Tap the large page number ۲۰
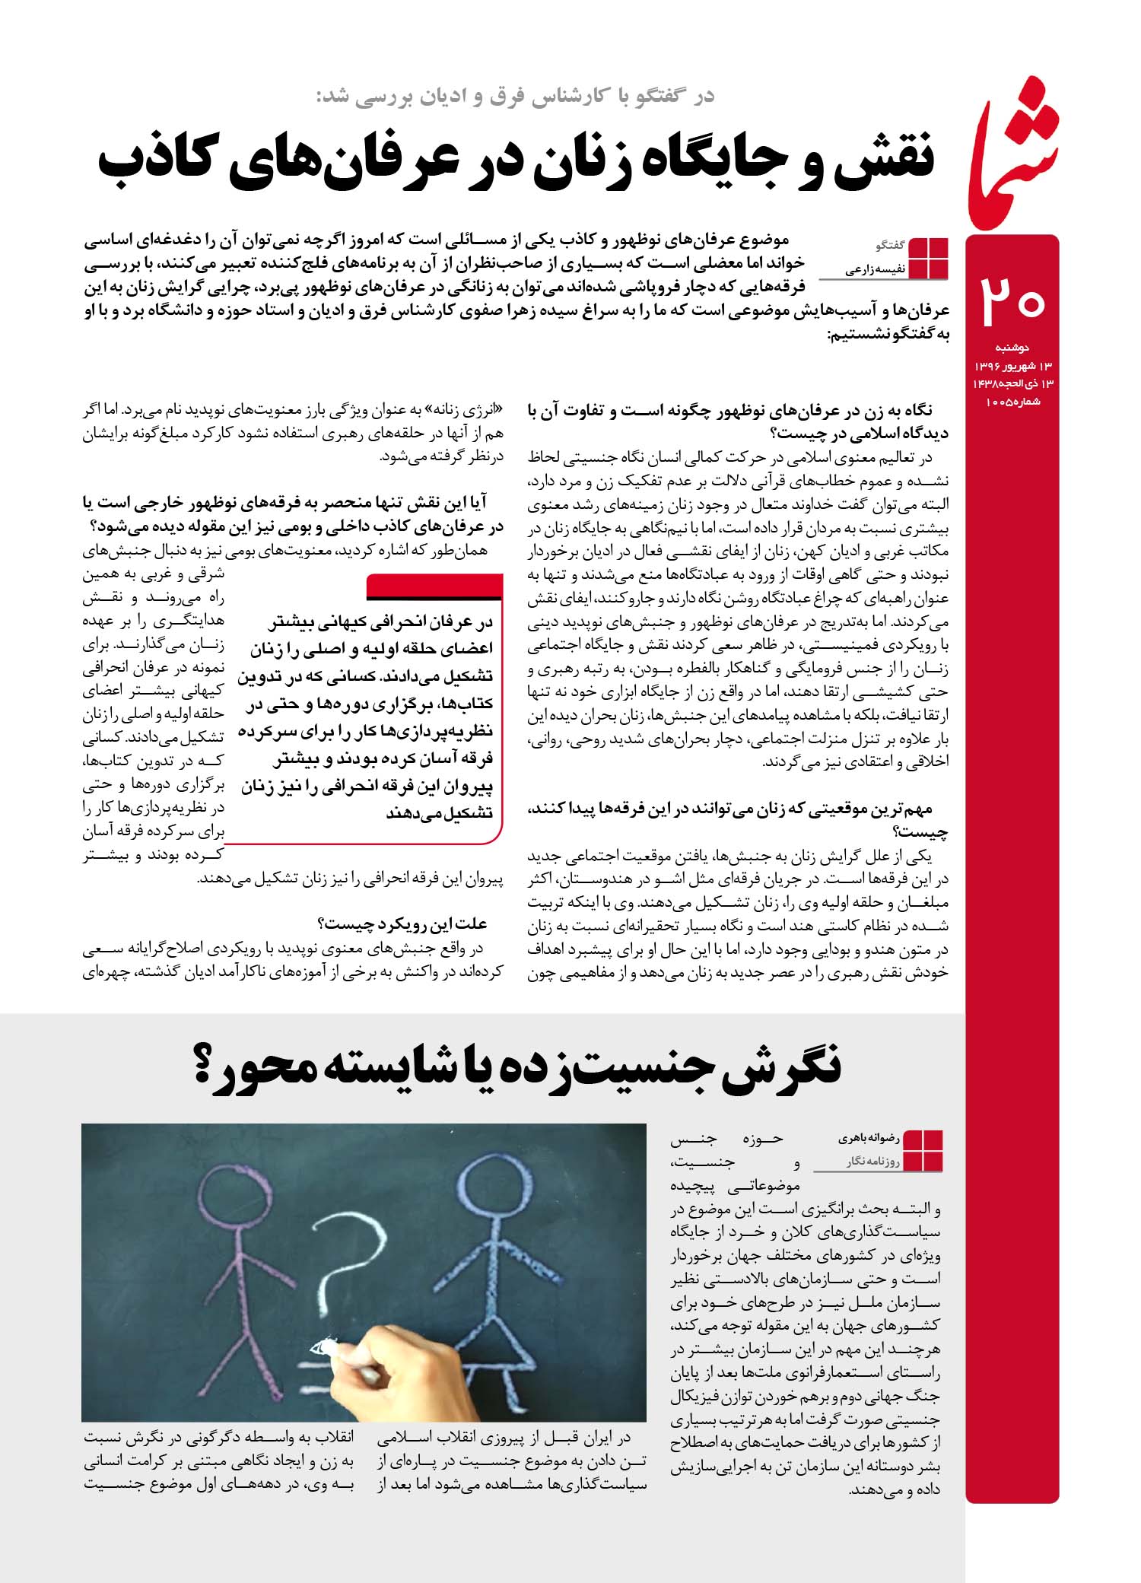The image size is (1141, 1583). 1012,300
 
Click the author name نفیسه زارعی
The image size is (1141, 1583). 874,269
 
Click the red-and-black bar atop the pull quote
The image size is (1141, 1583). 434,587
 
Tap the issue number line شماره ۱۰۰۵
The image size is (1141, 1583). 1012,401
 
